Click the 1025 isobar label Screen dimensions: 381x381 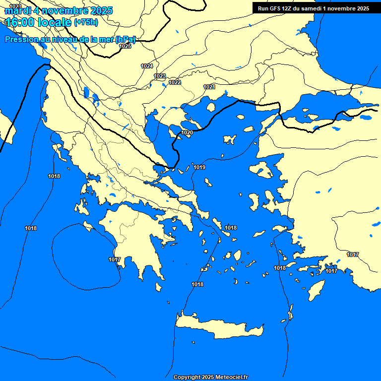[125, 46]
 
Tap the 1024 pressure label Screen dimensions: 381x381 [147, 66]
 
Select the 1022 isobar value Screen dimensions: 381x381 [175, 82]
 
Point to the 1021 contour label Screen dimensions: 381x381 [209, 87]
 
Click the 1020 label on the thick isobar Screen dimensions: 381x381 [187, 132]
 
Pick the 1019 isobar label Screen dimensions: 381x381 [199, 167]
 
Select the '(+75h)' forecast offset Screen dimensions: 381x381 [86, 22]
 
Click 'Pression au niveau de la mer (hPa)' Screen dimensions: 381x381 [69, 40]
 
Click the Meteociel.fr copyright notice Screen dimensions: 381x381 [210, 377]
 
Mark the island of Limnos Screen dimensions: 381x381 [230, 139]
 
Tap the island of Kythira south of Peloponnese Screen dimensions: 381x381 [159, 287]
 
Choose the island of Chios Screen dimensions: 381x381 [254, 201]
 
